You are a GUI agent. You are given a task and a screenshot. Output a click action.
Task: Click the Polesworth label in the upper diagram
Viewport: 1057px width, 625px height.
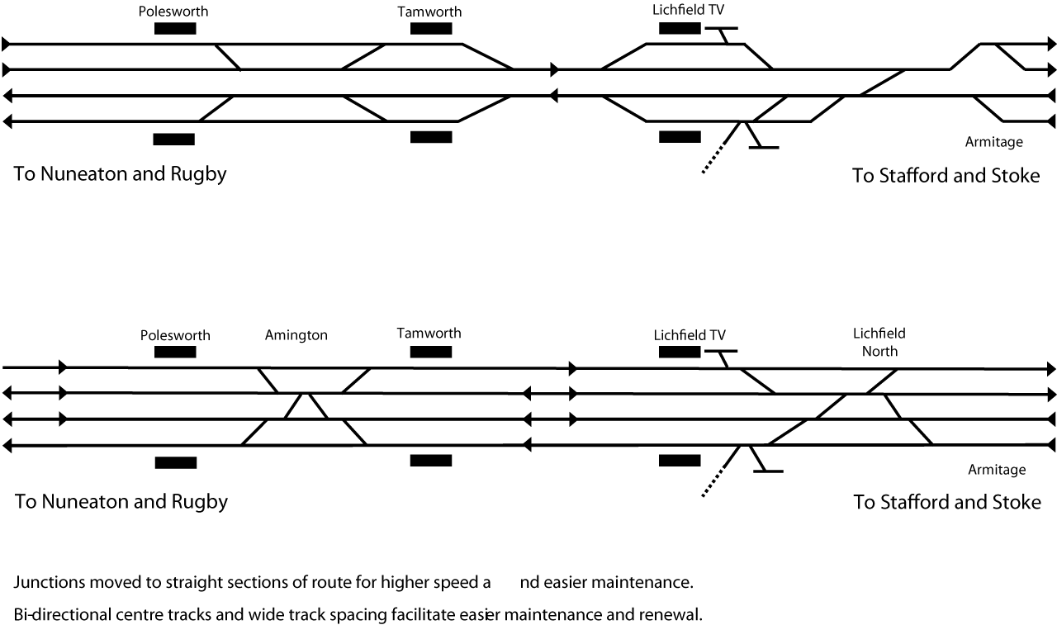174,12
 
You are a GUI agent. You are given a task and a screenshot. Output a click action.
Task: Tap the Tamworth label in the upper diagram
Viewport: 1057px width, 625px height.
429,12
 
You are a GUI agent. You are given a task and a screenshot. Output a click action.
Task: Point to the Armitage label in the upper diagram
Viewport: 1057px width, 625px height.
993,142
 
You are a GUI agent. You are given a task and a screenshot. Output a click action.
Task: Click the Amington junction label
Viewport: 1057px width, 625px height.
296,335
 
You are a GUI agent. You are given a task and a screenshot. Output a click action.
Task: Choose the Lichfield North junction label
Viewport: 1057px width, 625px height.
879,342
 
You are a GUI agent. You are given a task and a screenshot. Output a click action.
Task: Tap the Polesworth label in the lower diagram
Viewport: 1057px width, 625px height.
175,335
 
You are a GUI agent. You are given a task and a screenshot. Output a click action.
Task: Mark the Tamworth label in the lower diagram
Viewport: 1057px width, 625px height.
429,334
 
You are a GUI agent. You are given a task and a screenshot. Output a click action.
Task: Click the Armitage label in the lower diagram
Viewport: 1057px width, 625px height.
996,470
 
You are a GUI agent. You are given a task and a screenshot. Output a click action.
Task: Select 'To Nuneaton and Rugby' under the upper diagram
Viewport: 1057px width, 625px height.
120,174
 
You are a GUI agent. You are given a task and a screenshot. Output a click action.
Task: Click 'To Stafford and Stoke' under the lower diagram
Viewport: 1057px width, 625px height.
946,502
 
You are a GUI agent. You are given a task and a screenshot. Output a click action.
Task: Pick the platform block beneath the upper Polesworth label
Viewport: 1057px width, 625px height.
175,29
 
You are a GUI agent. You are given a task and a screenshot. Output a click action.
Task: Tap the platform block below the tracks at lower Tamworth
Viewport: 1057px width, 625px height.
431,461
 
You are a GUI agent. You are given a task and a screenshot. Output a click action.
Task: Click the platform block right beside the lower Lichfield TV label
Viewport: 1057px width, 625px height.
680,353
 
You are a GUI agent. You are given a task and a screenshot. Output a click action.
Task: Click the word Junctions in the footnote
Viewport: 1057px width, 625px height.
48,583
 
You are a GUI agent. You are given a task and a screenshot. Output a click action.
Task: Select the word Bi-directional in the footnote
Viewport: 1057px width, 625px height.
62,615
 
